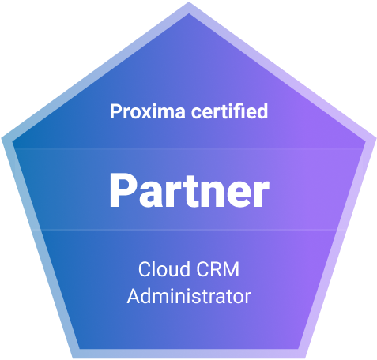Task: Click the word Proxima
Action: pyautogui.click(x=148, y=111)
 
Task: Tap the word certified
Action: pyautogui.click(x=229, y=111)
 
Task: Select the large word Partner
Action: pyautogui.click(x=189, y=190)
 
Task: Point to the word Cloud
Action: pyautogui.click(x=164, y=269)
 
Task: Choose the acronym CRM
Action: pyautogui.click(x=218, y=269)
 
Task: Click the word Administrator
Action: pyautogui.click(x=189, y=296)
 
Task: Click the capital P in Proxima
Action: pyautogui.click(x=115, y=111)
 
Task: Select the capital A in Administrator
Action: pyautogui.click(x=134, y=296)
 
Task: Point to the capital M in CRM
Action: pyautogui.click(x=232, y=269)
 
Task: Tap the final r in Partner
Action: pyautogui.click(x=262, y=194)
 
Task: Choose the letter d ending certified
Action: pyautogui.click(x=262, y=111)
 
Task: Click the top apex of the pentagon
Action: pyautogui.click(x=189, y=2)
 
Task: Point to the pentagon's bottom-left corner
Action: pyautogui.click(x=73, y=358)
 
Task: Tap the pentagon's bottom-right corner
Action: pyautogui.click(x=305, y=358)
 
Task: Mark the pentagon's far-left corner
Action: pyautogui.click(x=2, y=137)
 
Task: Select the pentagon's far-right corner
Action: pyautogui.click(x=376, y=137)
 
